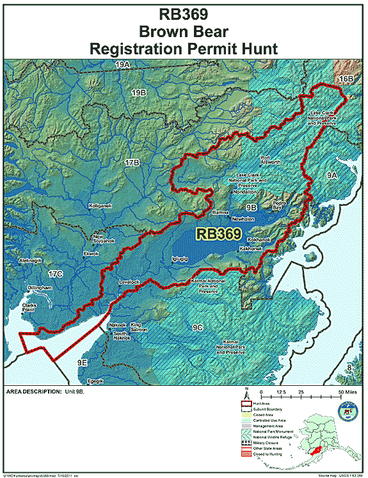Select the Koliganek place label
[100, 206]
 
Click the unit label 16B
[346, 78]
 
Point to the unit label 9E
[82, 363]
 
